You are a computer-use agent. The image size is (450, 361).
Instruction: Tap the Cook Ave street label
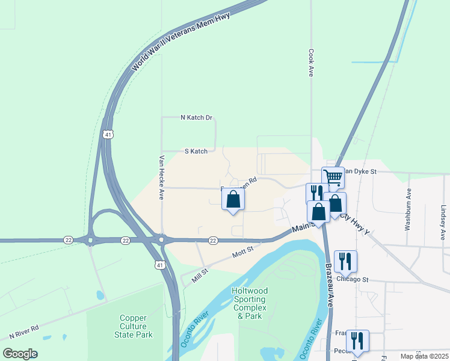pos(311,63)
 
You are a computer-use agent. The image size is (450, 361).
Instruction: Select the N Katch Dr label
pos(197,117)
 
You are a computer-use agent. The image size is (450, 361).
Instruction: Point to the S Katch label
pos(196,151)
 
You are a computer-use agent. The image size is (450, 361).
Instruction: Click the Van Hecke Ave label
pos(161,177)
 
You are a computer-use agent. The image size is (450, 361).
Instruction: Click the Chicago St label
pos(353,279)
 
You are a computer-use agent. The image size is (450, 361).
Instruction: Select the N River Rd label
pos(24,332)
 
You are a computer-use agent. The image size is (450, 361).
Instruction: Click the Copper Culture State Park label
pos(136,326)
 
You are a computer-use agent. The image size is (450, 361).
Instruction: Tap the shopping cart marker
pos(333,177)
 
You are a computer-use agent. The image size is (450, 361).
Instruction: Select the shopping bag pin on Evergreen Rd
pos(233,199)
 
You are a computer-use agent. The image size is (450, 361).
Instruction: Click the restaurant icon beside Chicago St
pos(345,261)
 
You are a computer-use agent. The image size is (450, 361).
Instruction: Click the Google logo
pos(20,353)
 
